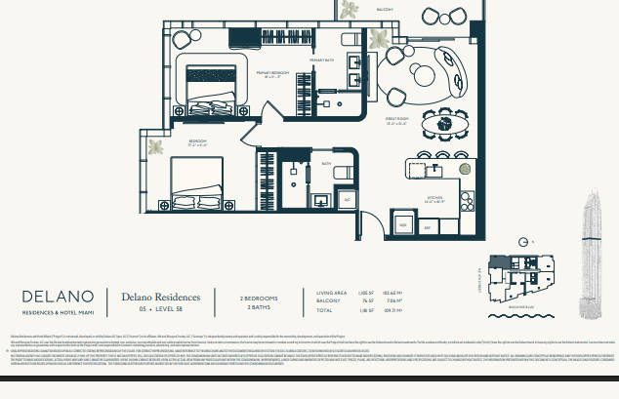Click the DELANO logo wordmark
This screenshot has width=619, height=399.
58,296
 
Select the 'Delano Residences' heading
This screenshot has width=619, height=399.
161,296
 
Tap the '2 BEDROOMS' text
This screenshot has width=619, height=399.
259,297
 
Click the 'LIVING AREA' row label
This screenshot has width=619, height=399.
332,292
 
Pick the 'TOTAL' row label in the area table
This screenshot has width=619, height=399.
325,310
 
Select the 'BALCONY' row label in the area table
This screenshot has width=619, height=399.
328,300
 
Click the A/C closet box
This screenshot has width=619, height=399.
346,199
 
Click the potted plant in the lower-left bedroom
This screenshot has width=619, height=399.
155,147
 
